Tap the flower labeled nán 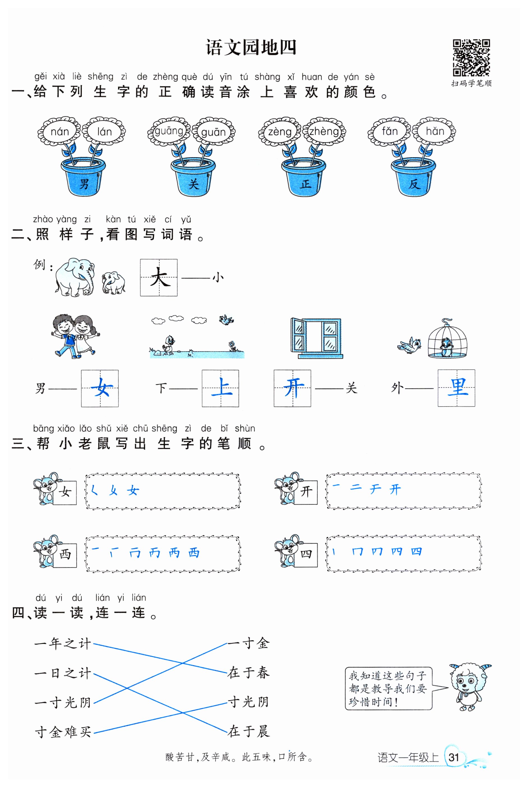pyautogui.click(x=60, y=132)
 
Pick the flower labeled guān pyautogui.click(x=213, y=132)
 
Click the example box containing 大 pyautogui.click(x=159, y=278)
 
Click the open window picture pyautogui.click(x=316, y=338)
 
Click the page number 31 pyautogui.click(x=454, y=757)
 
